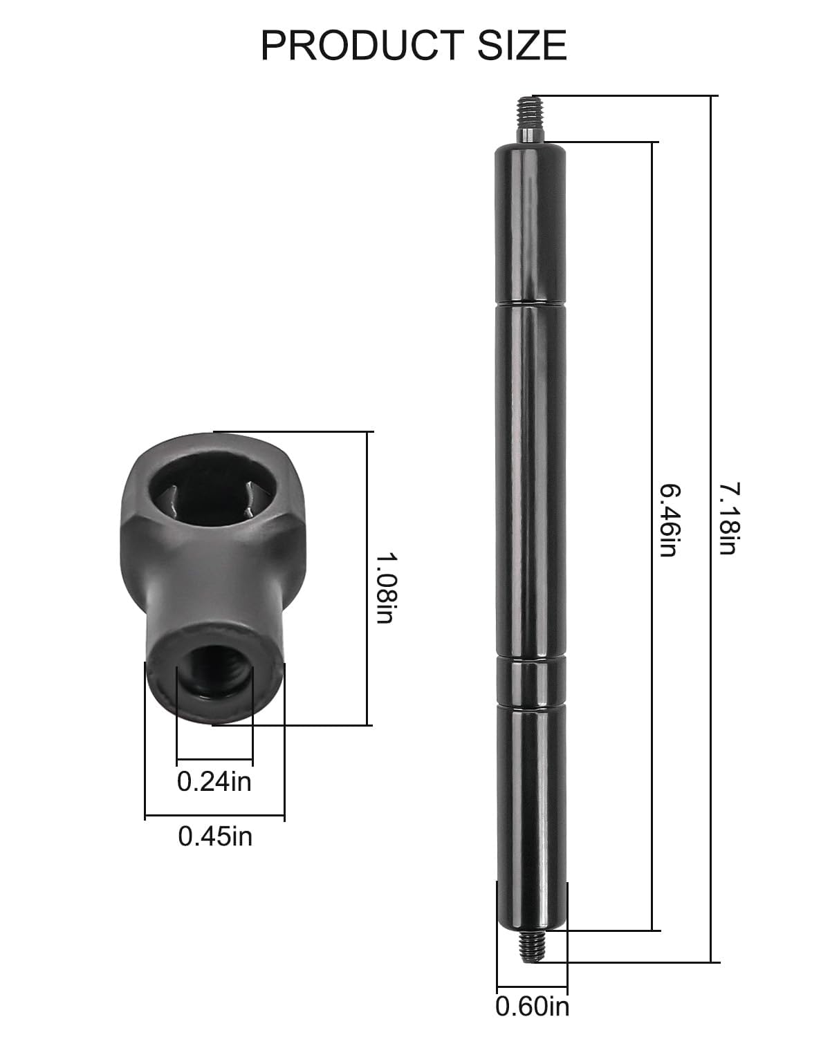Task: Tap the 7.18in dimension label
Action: (x=728, y=519)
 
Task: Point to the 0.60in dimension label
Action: (x=532, y=1005)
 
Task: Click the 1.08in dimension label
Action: (x=385, y=588)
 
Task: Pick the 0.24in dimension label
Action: (x=214, y=781)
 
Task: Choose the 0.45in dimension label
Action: (x=215, y=837)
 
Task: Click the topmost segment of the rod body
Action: (x=531, y=221)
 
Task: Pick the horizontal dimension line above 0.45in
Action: (x=214, y=817)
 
